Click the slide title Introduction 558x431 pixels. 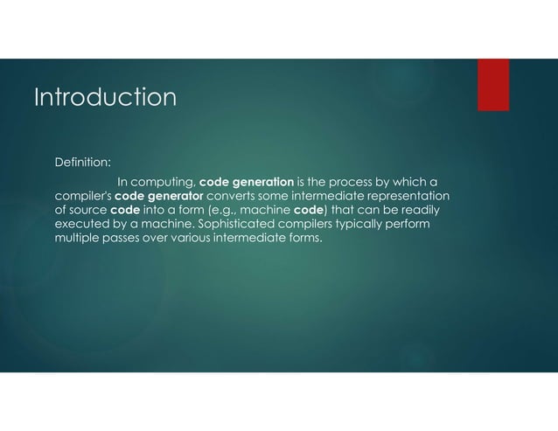104,96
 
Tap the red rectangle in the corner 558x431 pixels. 493,85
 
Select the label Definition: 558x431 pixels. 82,162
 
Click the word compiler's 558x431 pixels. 81,196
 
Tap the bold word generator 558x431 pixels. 178,196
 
